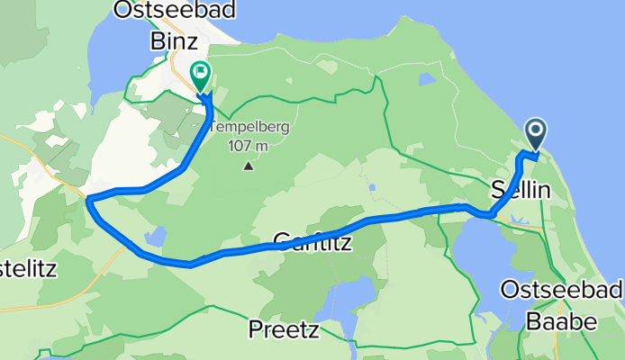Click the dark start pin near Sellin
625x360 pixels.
[x=536, y=135]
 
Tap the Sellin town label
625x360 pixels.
[x=528, y=191]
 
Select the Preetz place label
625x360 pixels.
[x=284, y=330]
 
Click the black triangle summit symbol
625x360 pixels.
[x=248, y=166]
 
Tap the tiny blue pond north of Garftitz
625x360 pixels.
[x=372, y=188]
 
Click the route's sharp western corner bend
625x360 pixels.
[x=88, y=200]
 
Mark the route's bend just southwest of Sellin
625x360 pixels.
[x=489, y=214]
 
